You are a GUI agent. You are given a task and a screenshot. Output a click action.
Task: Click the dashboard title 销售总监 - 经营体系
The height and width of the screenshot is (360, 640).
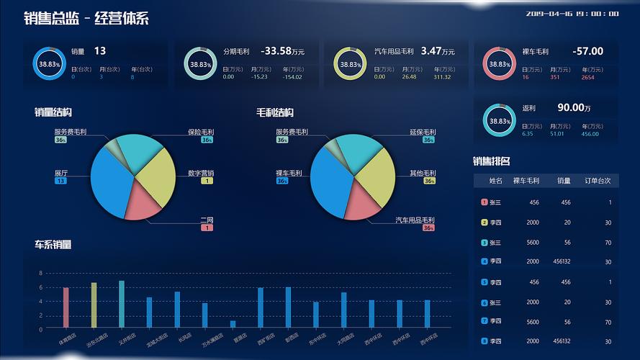(x=86, y=19)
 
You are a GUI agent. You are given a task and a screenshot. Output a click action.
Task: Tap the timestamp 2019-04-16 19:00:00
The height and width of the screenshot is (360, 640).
(x=572, y=14)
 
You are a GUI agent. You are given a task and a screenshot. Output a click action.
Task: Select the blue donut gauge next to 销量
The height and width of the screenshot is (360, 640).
(x=49, y=64)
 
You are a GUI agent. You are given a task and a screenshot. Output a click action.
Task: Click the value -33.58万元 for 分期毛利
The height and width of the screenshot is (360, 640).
(x=282, y=51)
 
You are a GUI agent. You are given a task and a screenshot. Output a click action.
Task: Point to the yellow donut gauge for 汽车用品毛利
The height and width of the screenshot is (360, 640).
(x=351, y=64)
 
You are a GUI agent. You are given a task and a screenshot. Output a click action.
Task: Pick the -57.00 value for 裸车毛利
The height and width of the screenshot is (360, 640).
(x=587, y=51)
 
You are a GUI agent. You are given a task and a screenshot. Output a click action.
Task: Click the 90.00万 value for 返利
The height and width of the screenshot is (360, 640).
(x=574, y=107)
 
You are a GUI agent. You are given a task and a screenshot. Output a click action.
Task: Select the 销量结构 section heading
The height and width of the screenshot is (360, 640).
(x=53, y=112)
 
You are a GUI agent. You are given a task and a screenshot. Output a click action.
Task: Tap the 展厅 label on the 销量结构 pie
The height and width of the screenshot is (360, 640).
(x=61, y=174)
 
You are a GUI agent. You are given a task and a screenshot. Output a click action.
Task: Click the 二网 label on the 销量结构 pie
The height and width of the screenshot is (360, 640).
(x=207, y=220)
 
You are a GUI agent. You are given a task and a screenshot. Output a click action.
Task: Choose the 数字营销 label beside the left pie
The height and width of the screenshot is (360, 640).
(x=201, y=174)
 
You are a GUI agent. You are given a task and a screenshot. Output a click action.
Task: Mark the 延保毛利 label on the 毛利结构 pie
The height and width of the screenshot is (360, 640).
(x=423, y=132)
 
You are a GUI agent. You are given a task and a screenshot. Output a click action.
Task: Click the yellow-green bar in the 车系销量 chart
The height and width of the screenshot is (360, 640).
(x=94, y=305)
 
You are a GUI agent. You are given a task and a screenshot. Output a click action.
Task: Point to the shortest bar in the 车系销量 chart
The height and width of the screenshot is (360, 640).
(x=233, y=324)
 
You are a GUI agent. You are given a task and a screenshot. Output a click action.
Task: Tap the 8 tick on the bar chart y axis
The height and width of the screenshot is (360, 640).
(x=41, y=274)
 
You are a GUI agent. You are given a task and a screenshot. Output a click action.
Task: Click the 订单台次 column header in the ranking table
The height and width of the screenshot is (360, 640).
(x=597, y=181)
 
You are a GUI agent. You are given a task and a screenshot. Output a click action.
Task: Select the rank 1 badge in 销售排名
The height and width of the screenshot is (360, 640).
(x=484, y=202)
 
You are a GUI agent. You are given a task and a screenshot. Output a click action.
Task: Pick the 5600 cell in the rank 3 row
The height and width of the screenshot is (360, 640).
(x=533, y=243)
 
